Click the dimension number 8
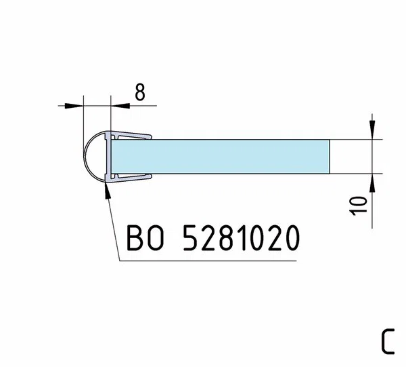(140, 92)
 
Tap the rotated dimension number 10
(359, 206)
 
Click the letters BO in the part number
(145, 237)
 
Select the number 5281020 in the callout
(242, 237)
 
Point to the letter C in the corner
(388, 341)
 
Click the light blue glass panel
(221, 157)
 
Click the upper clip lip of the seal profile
(131, 135)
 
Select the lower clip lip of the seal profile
(131, 178)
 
